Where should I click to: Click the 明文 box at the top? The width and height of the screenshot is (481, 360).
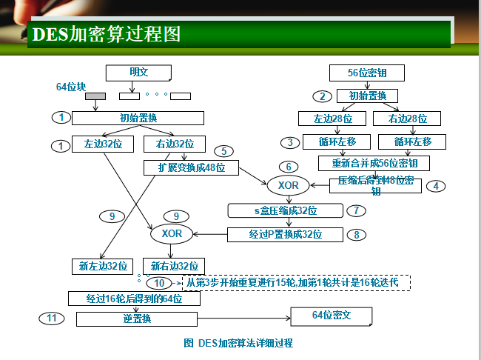138,72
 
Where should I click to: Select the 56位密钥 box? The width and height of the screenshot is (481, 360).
367,73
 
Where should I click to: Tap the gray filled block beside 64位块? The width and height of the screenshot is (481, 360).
95,96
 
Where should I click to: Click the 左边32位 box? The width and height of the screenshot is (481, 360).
102,144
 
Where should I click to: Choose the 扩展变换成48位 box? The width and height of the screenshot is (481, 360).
191,167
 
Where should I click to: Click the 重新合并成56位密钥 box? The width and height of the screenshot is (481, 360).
373,162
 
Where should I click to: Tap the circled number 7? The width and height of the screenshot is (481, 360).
356,210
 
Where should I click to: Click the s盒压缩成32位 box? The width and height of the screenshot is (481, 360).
285,211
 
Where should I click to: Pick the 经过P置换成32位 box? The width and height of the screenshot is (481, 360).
285,234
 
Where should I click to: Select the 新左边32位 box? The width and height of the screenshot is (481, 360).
102,265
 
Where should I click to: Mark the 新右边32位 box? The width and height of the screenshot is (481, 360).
174,265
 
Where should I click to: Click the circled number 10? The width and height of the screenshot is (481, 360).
159,283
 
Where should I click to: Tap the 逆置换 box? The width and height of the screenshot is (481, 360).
137,319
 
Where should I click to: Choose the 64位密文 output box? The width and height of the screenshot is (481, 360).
331,316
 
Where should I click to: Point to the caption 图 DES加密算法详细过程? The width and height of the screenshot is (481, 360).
238,343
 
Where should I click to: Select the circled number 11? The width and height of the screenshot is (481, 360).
51,318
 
